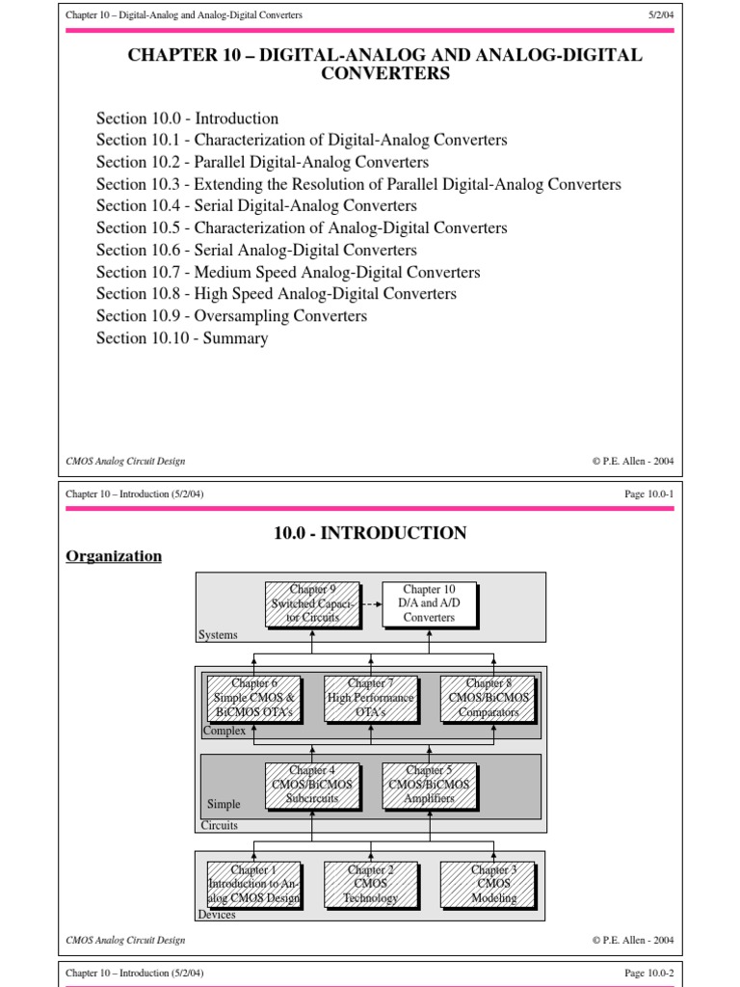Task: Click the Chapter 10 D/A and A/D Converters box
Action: [429, 603]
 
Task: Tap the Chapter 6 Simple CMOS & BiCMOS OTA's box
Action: [254, 698]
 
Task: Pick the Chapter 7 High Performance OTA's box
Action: [371, 698]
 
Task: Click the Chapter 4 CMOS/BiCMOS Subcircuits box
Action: [312, 785]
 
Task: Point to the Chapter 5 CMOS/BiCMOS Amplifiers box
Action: [429, 785]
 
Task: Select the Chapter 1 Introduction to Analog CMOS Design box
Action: [254, 884]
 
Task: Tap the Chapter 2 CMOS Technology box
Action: [371, 884]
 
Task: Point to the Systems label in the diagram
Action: [218, 635]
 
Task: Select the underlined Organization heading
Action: [114, 556]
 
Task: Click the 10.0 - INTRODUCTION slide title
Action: [370, 533]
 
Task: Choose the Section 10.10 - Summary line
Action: [182, 338]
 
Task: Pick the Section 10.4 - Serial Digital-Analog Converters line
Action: [256, 205]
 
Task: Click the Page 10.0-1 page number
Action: [649, 494]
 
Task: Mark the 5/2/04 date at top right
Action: [661, 15]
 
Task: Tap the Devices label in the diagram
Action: [217, 915]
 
